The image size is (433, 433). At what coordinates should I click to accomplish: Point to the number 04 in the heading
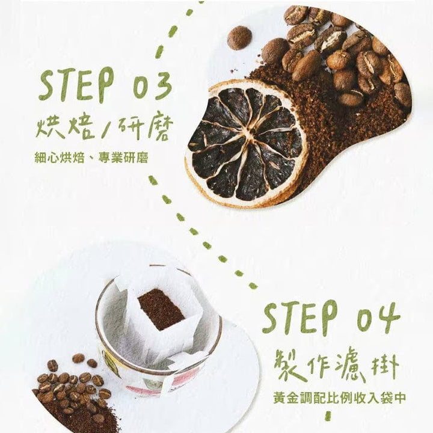(x=378, y=318)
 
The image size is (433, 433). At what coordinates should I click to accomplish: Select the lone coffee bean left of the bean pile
(x=239, y=37)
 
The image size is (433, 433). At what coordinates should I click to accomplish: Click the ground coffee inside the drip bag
(x=161, y=307)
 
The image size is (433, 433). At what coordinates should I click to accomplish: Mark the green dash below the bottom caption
(x=328, y=416)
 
